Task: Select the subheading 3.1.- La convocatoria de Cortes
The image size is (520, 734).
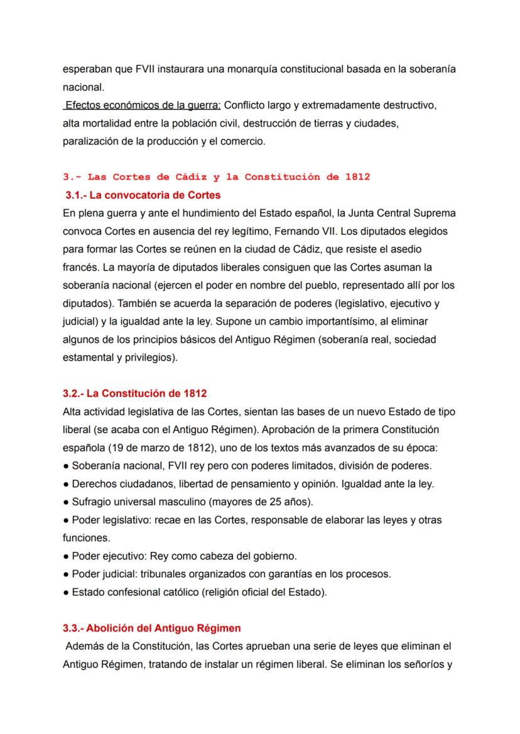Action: pyautogui.click(x=143, y=195)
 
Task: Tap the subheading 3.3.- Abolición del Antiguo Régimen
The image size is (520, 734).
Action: pyautogui.click(x=151, y=627)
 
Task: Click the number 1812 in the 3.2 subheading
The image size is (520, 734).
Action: pyautogui.click(x=195, y=393)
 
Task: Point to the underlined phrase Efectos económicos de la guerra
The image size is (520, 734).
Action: pyautogui.click(x=142, y=105)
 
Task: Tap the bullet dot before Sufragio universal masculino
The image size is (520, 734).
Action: pyautogui.click(x=66, y=502)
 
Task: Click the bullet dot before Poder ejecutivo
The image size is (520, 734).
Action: pyautogui.click(x=66, y=556)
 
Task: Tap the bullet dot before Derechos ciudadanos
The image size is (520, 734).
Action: pyautogui.click(x=66, y=483)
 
